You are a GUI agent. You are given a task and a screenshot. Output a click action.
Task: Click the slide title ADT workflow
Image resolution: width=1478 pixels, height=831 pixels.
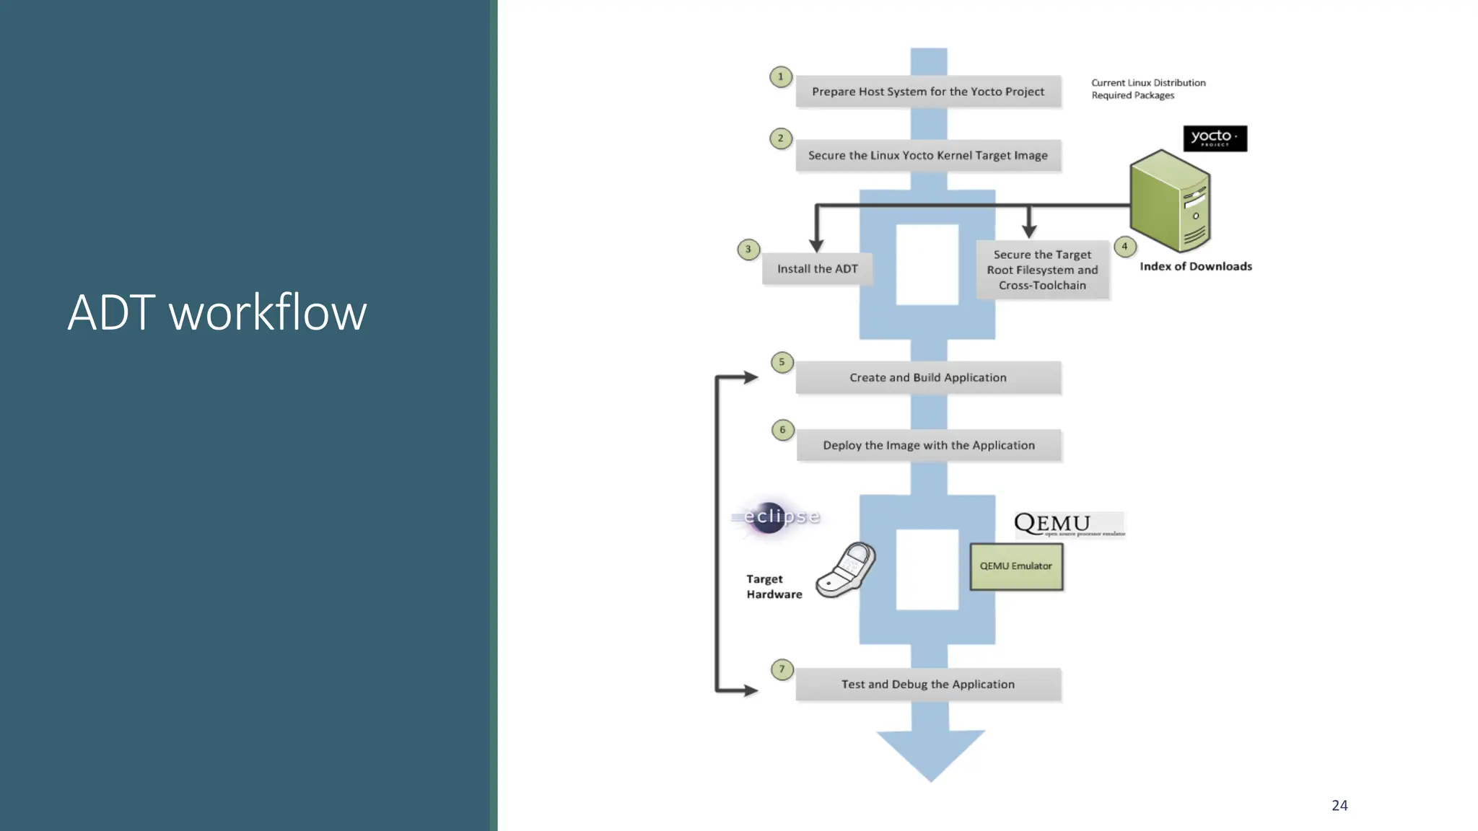pyautogui.click(x=217, y=312)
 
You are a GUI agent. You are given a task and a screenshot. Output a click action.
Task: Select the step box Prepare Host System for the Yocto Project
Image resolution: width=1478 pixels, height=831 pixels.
pyautogui.click(x=928, y=92)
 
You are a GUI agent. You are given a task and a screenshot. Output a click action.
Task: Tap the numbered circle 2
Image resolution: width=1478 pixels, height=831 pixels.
pyautogui.click(x=780, y=138)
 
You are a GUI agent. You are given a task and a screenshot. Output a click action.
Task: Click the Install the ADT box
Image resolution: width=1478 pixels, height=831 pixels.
pyautogui.click(x=817, y=269)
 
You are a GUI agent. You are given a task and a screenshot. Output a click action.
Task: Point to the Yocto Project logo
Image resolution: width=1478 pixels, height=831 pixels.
pyautogui.click(x=1215, y=138)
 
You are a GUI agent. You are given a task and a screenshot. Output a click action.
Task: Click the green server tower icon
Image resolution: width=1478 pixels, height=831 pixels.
pyautogui.click(x=1170, y=201)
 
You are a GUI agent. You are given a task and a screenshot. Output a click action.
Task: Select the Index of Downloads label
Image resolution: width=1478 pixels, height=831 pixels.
pyautogui.click(x=1195, y=266)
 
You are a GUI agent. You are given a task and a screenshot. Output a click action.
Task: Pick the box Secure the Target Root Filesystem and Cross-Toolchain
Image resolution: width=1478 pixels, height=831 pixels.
pyautogui.click(x=1042, y=270)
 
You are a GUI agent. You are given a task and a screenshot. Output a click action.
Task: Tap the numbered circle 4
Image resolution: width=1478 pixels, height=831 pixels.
pyautogui.click(x=1124, y=247)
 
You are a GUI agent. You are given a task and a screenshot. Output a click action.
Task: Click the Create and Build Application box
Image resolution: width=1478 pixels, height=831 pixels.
pyautogui.click(x=928, y=377)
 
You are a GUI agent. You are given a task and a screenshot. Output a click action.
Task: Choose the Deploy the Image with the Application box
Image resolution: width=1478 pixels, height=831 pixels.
pyautogui.click(x=929, y=445)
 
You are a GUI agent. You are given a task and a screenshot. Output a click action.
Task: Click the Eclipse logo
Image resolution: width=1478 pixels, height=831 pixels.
pyautogui.click(x=776, y=516)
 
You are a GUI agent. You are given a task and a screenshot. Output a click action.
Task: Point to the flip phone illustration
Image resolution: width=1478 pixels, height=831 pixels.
pyautogui.click(x=847, y=570)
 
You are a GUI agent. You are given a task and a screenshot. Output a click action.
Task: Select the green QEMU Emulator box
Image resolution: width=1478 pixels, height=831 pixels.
pyautogui.click(x=1015, y=566)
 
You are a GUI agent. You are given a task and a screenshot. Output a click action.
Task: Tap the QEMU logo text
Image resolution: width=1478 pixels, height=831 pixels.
pyautogui.click(x=1053, y=523)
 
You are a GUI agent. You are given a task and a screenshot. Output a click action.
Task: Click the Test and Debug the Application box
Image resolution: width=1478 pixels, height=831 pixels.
pyautogui.click(x=928, y=684)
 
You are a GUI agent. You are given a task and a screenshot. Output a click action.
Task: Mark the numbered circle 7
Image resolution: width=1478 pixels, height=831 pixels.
pyautogui.click(x=782, y=669)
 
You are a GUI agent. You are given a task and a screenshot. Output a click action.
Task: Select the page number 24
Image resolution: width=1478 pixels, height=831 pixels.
pyautogui.click(x=1339, y=805)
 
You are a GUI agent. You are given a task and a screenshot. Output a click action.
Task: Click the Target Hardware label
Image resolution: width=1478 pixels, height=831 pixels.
pyautogui.click(x=774, y=586)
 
